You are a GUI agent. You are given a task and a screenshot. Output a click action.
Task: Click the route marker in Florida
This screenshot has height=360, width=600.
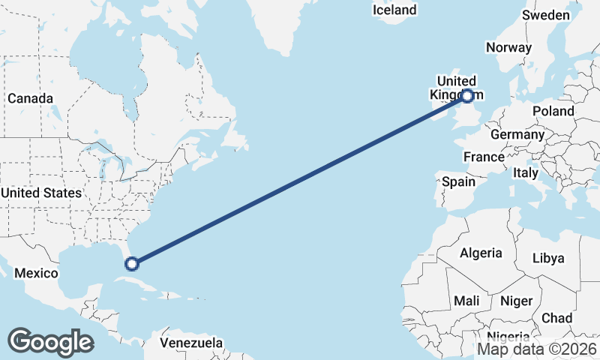(132, 263)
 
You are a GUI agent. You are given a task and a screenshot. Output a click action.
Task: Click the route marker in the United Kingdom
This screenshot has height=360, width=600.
(467, 96)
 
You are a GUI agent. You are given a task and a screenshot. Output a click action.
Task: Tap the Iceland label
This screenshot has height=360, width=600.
(394, 10)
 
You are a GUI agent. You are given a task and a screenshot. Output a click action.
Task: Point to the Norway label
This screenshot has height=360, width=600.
(508, 48)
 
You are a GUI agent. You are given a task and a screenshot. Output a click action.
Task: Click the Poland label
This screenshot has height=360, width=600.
(553, 111)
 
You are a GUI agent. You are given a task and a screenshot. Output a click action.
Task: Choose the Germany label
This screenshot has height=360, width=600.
(517, 135)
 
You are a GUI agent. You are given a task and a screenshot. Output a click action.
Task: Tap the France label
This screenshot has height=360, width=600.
(484, 157)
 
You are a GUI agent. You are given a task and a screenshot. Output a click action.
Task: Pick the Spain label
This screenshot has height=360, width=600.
(458, 181)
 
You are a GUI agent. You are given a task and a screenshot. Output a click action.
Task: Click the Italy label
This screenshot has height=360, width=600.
(526, 172)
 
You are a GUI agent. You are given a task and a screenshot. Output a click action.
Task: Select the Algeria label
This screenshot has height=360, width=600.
(480, 253)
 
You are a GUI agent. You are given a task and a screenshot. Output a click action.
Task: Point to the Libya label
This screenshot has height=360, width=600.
(547, 258)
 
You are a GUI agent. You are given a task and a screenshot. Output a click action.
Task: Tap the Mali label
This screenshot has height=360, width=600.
(467, 301)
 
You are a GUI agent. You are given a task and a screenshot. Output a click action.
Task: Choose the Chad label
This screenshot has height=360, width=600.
(556, 318)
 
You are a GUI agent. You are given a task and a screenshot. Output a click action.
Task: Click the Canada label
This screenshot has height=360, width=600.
(30, 99)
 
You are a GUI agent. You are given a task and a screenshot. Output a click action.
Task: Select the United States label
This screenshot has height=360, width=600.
(41, 193)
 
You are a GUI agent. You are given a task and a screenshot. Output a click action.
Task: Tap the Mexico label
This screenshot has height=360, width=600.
(36, 273)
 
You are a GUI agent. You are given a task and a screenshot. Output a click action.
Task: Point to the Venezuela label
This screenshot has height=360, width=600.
(191, 343)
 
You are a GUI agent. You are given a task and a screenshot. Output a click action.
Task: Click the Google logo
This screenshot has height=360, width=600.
(50, 342)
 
